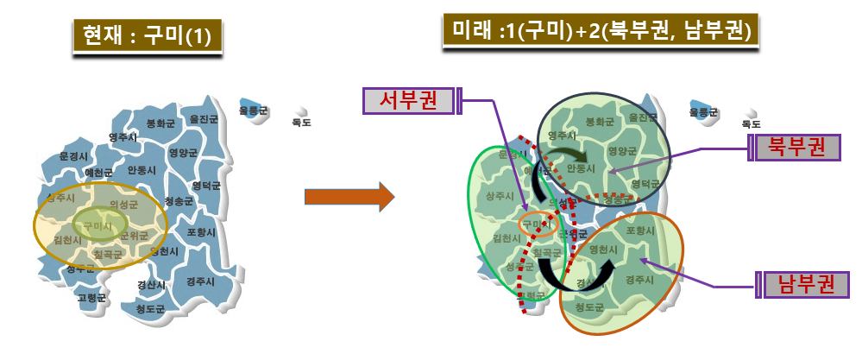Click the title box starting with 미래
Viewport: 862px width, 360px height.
point(601,31)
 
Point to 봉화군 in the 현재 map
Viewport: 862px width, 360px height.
point(160,123)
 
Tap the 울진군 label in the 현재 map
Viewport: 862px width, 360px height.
point(205,118)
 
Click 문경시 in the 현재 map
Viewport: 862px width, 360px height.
point(74,156)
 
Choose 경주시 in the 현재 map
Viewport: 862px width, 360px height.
point(200,281)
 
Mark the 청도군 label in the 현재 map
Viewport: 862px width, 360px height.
point(150,306)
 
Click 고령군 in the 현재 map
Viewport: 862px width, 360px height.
point(91,297)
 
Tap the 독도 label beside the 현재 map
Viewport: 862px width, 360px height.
point(301,122)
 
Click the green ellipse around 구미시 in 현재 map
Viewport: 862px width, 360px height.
point(100,226)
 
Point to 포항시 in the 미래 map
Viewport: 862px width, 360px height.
point(641,231)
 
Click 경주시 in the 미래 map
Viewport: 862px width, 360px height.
point(639,278)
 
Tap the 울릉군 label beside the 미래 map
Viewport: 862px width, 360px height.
point(705,111)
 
